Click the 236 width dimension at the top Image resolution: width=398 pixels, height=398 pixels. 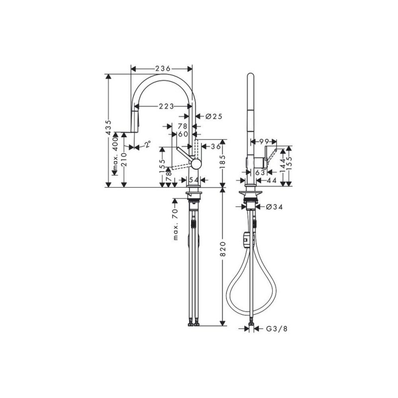pyautogui.click(x=163, y=69)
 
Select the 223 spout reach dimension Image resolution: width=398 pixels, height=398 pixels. pyautogui.click(x=167, y=106)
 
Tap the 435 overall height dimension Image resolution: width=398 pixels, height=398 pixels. pyautogui.click(x=108, y=127)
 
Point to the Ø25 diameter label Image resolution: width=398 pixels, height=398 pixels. pyautogui.click(x=214, y=116)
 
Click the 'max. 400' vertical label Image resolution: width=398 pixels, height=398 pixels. pyautogui.click(x=115, y=154)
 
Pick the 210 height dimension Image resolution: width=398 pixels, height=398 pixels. pyautogui.click(x=124, y=159)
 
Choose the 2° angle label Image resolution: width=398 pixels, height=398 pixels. pyautogui.click(x=148, y=144)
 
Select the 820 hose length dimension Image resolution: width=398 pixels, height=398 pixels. pyautogui.click(x=222, y=249)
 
